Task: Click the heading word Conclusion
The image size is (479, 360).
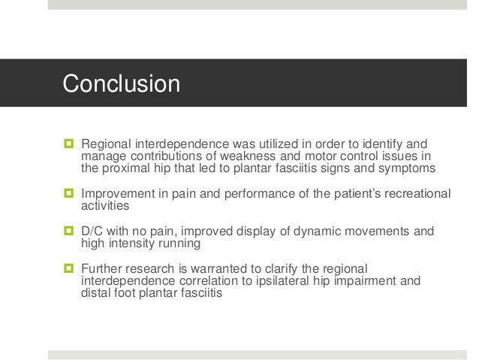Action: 121,83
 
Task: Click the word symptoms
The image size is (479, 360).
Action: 408,168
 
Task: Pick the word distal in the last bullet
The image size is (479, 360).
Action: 95,295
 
